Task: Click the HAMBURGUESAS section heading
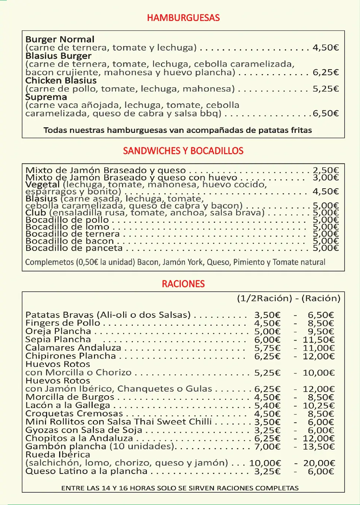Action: (183, 18)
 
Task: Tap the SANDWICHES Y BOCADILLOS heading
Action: (183, 151)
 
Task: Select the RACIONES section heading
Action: (183, 284)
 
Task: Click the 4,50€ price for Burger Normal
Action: (326, 48)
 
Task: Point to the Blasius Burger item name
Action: (58, 56)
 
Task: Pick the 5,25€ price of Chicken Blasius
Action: (326, 89)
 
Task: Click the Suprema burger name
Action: (46, 97)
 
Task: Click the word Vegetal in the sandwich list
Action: (43, 185)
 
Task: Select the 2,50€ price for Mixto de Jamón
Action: (326, 170)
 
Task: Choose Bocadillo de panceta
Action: (74, 248)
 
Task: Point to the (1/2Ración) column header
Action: (264, 298)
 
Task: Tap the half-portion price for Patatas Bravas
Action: (267, 315)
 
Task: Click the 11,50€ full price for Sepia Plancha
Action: (318, 340)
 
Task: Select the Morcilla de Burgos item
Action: (70, 397)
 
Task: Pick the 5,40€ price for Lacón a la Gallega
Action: (267, 405)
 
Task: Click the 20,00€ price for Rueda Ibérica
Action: (319, 463)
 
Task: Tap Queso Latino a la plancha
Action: (86, 471)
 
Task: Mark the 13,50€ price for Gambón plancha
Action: (318, 447)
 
